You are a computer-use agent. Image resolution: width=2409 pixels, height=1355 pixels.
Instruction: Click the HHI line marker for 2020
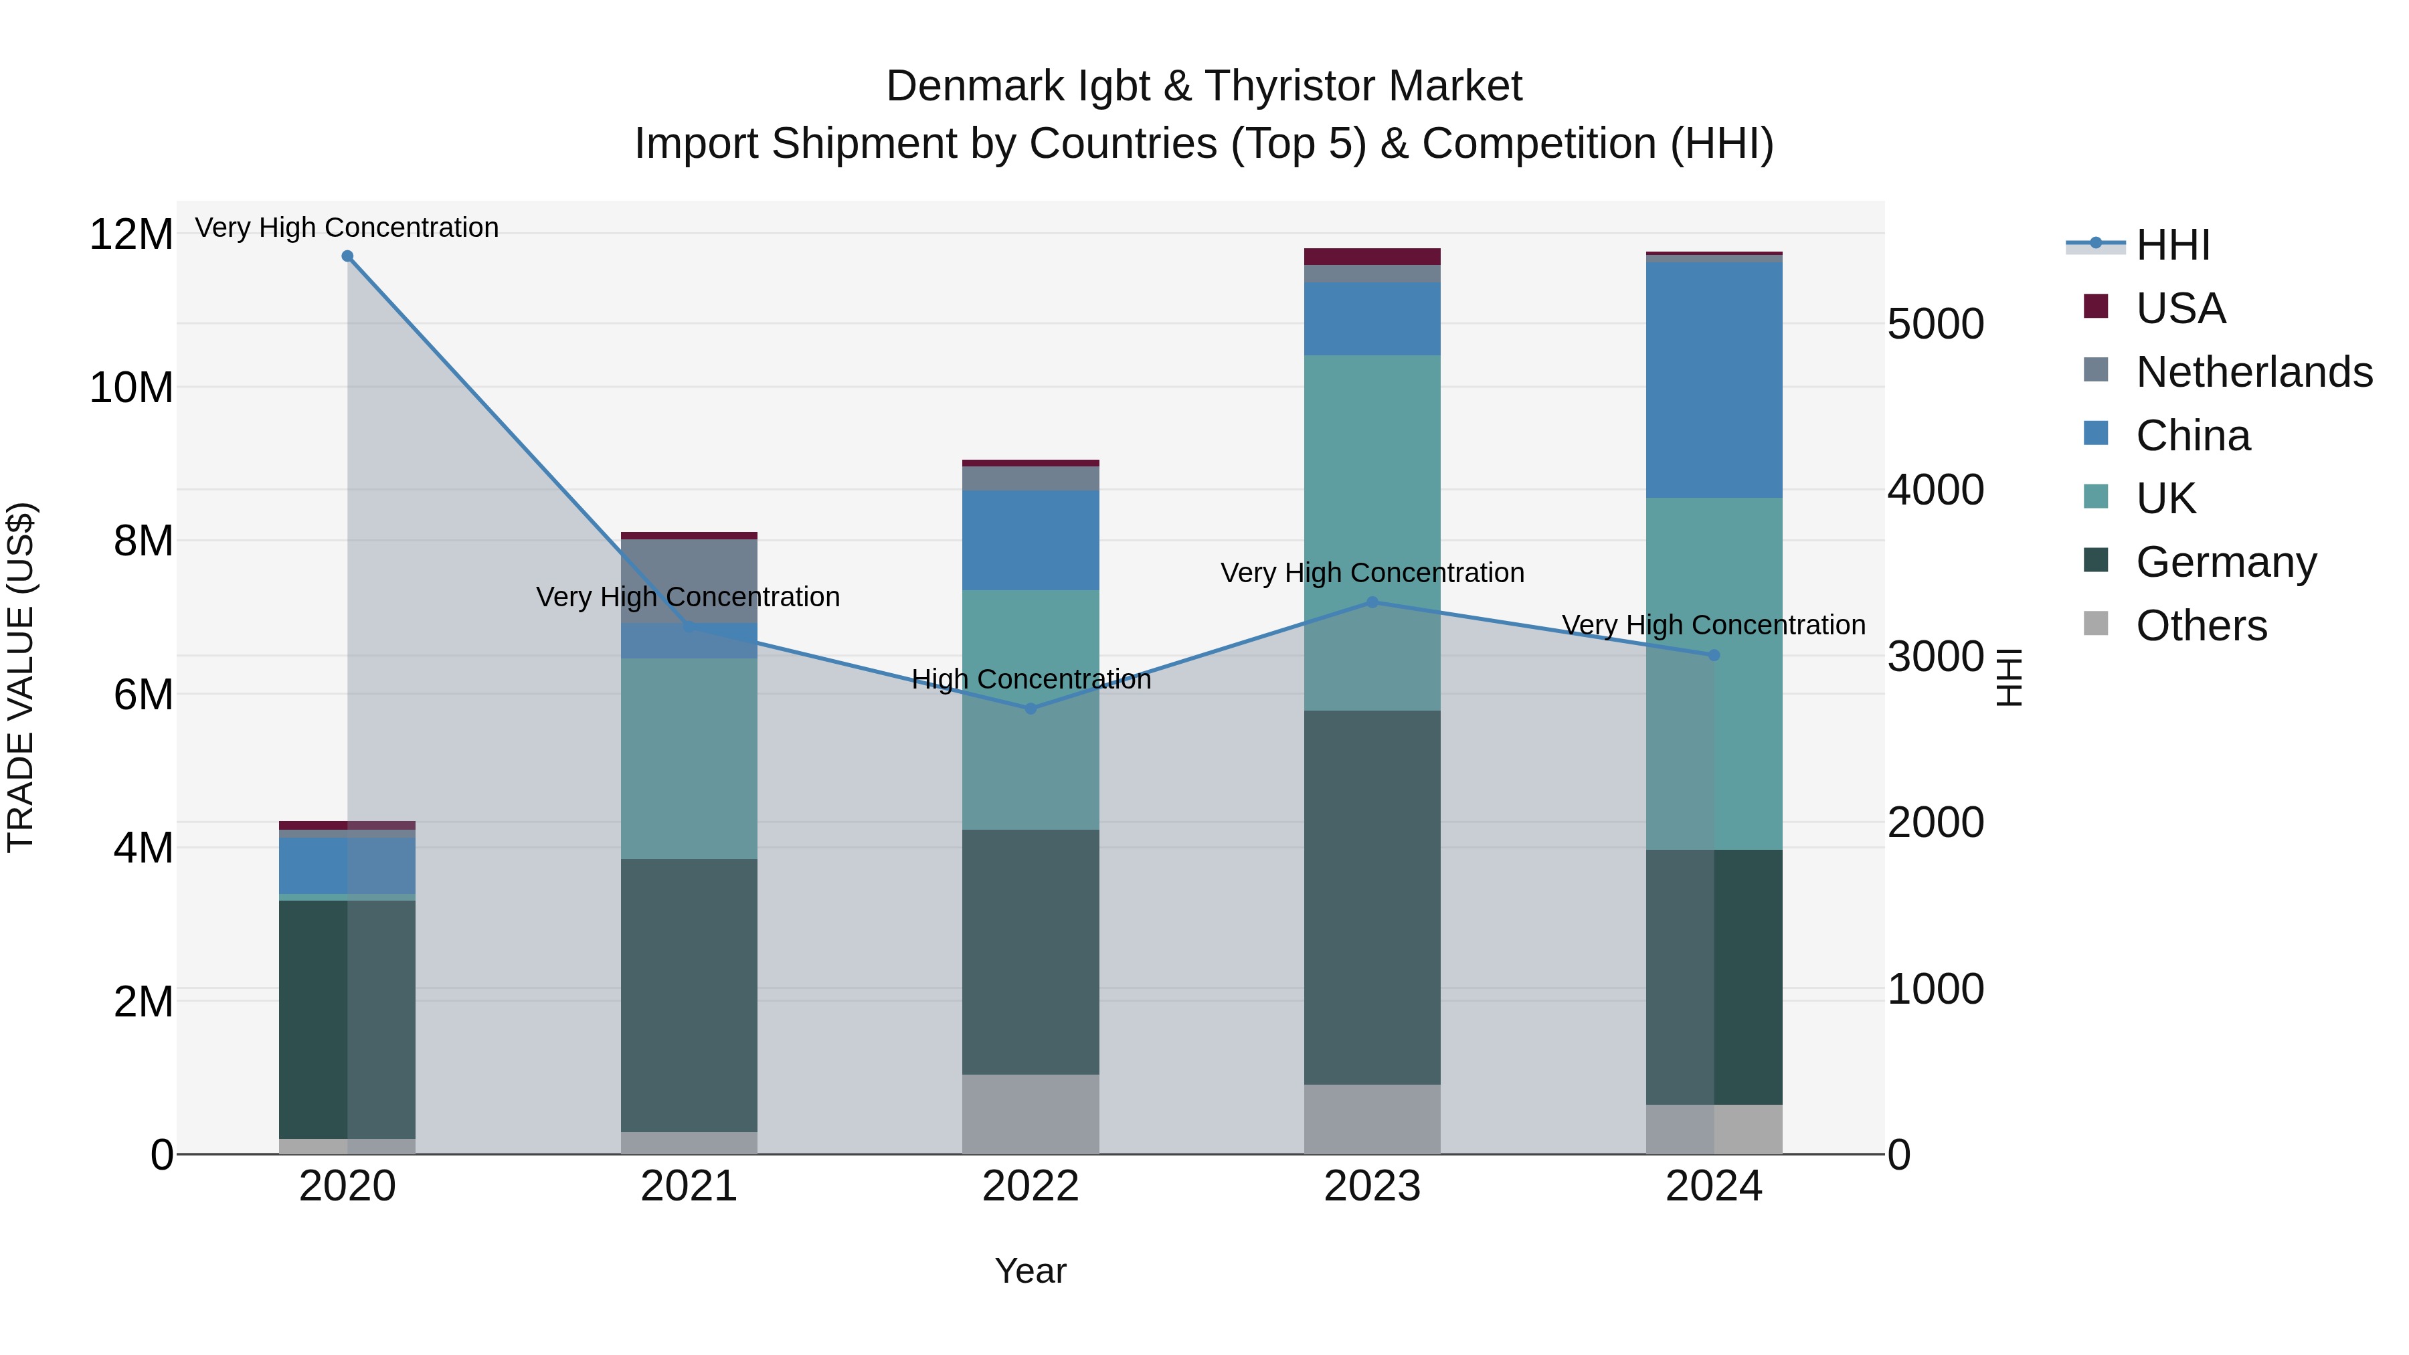pos(347,256)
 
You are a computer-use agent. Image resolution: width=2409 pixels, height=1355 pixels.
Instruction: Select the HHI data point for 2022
pos(1031,709)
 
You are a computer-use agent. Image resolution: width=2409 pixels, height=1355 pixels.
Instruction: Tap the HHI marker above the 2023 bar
pos(1372,602)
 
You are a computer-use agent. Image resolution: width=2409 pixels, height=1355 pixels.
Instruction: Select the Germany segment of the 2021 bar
pos(689,996)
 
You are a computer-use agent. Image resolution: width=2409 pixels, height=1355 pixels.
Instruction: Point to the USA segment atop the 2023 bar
pos(1372,256)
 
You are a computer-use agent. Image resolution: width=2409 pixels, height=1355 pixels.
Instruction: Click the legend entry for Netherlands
pos(2254,372)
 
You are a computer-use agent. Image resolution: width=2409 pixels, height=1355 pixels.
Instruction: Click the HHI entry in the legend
pos(2172,245)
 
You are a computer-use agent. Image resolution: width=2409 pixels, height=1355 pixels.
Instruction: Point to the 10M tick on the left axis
pos(131,387)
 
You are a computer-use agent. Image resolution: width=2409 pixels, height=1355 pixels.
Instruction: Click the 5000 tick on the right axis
pos(1935,325)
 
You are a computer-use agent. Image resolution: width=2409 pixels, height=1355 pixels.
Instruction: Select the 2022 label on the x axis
pos(1031,1186)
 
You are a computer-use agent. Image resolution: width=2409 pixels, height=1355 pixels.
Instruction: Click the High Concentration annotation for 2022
pos(1031,680)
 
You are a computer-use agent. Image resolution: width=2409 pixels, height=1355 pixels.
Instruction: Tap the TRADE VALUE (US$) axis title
pos(21,677)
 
